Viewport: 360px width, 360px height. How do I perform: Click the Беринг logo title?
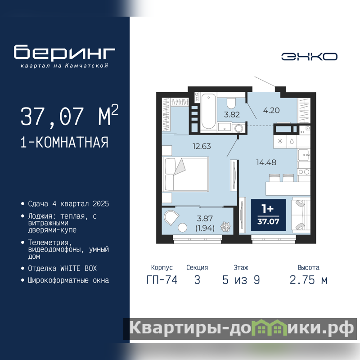[64, 52]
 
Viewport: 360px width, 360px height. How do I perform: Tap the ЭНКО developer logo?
[309, 57]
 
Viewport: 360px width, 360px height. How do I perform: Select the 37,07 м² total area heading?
[69, 116]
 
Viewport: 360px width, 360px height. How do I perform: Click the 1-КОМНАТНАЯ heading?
[64, 142]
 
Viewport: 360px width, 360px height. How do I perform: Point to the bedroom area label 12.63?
[202, 146]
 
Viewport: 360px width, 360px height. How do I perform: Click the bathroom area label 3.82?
[232, 114]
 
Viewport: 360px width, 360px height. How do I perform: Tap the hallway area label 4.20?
[271, 110]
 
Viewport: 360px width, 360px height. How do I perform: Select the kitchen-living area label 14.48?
[266, 162]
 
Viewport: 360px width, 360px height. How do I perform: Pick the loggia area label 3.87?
[205, 218]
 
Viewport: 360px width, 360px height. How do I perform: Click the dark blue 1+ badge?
[268, 215]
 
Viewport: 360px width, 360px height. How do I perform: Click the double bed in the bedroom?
[185, 174]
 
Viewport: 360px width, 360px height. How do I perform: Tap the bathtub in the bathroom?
[208, 111]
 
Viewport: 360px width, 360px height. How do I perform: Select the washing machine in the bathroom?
[239, 128]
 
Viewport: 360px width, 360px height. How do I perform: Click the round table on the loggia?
[183, 228]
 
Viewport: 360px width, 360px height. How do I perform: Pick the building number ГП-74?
[162, 280]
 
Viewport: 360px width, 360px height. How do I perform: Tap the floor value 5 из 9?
[241, 280]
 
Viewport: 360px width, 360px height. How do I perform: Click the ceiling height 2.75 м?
[308, 280]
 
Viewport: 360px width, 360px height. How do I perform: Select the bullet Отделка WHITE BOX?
[62, 268]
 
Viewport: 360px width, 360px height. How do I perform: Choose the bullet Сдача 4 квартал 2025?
[68, 204]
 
